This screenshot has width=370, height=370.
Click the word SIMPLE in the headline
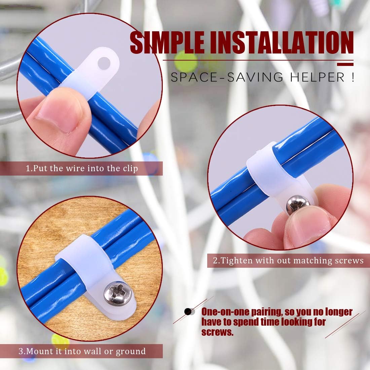[x=167, y=42]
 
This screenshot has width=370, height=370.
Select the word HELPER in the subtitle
[x=318, y=77]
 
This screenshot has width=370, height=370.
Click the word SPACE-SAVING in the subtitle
[x=227, y=77]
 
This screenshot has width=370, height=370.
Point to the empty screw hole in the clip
[x=104, y=63]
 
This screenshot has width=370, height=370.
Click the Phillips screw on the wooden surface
[x=118, y=293]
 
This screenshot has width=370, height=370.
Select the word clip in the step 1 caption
[x=131, y=169]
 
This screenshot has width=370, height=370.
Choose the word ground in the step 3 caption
[x=131, y=352]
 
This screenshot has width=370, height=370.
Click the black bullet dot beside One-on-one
[x=188, y=312]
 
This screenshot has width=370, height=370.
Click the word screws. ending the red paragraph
[x=217, y=332]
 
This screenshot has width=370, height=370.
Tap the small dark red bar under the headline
[x=345, y=65]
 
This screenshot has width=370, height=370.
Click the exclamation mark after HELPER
[x=353, y=77]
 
